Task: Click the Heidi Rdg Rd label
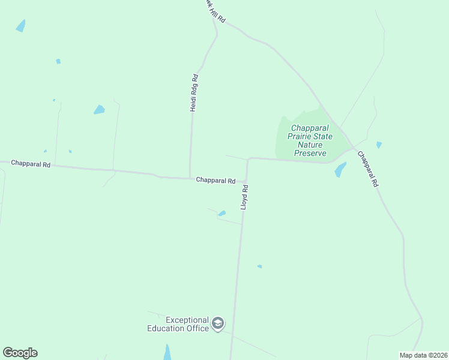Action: point(194,93)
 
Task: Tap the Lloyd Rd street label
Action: point(244,197)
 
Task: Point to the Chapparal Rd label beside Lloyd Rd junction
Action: point(215,180)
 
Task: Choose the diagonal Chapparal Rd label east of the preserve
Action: point(367,169)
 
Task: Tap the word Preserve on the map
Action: point(310,153)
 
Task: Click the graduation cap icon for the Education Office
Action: point(218,325)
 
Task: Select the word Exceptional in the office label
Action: point(187,320)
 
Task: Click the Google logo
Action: point(20,352)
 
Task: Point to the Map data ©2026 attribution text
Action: point(423,355)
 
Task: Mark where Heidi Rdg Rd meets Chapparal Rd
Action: point(190,178)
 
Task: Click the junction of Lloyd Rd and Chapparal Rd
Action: point(246,181)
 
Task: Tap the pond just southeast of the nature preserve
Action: point(340,170)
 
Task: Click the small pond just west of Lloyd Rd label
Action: point(222,213)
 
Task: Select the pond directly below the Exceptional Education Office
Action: point(167,352)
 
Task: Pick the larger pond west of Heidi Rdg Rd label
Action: point(99,110)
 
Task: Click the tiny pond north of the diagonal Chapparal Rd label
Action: point(379,145)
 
